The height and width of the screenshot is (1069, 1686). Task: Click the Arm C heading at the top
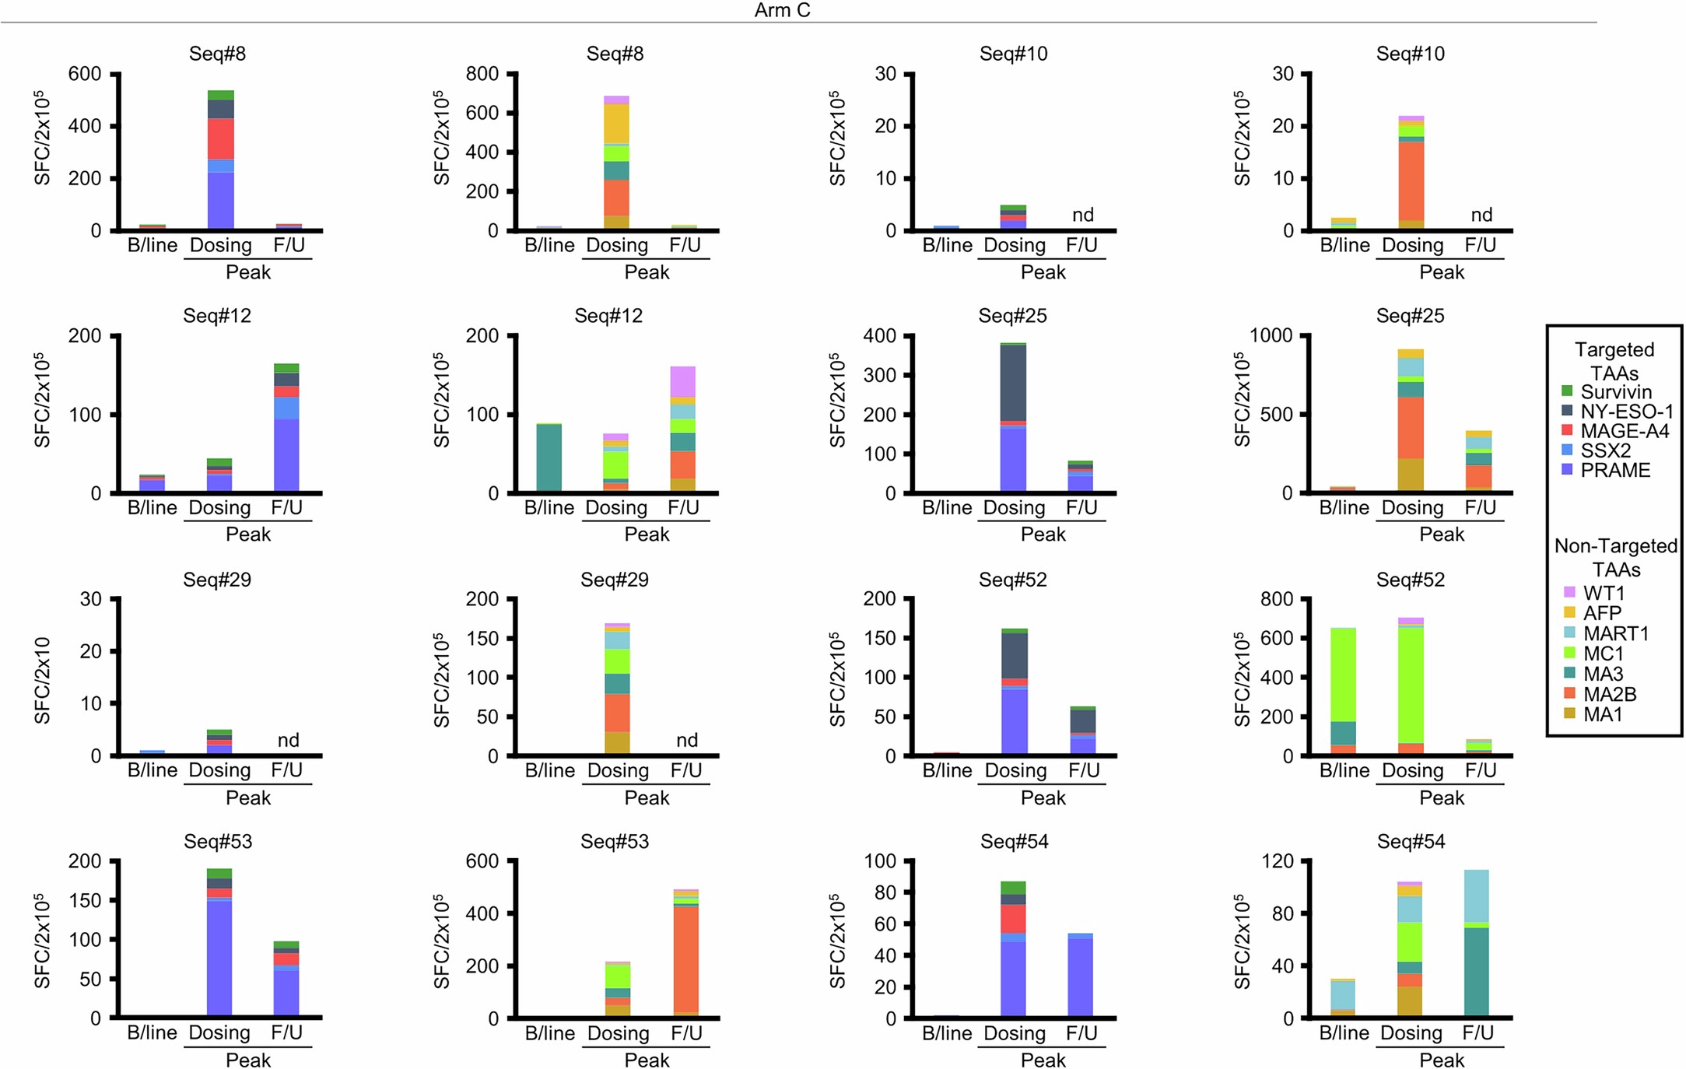click(x=782, y=10)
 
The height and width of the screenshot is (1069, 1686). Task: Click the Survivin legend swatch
click(x=1567, y=391)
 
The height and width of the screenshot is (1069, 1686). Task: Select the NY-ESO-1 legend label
click(x=1626, y=412)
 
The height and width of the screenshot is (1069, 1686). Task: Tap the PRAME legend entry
click(x=1615, y=470)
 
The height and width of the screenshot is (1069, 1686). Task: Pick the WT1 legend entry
click(x=1604, y=593)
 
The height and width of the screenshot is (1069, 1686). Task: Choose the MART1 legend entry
click(x=1615, y=633)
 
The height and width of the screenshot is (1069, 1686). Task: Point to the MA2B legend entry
click(x=1609, y=694)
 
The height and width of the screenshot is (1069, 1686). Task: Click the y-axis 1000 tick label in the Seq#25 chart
click(x=1271, y=335)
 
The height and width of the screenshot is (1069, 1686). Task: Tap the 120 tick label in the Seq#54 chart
click(x=1277, y=861)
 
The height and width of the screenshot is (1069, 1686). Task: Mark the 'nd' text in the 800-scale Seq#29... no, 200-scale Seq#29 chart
click(x=686, y=740)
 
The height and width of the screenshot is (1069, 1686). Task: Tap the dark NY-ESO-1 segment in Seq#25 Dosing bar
click(x=1013, y=383)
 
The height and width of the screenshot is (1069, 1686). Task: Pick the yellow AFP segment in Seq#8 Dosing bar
click(x=617, y=123)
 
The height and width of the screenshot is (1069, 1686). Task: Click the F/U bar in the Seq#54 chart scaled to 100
click(x=1080, y=976)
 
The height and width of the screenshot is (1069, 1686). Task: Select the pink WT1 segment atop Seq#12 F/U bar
click(x=682, y=381)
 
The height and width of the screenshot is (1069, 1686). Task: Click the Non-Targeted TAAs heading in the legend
click(x=1615, y=557)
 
